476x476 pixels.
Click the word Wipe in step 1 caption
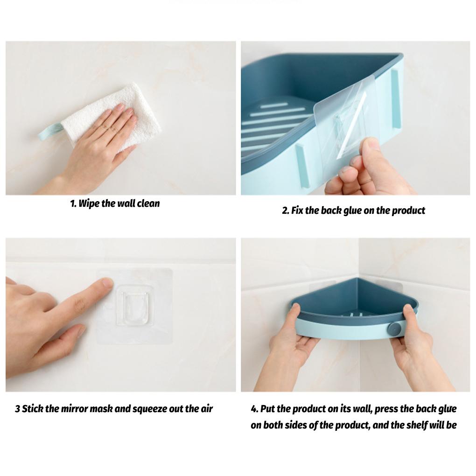(90, 203)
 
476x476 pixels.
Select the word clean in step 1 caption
(148, 203)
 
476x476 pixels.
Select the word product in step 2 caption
(408, 210)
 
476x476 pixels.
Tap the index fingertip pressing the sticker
(107, 282)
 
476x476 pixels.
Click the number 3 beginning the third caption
(17, 409)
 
